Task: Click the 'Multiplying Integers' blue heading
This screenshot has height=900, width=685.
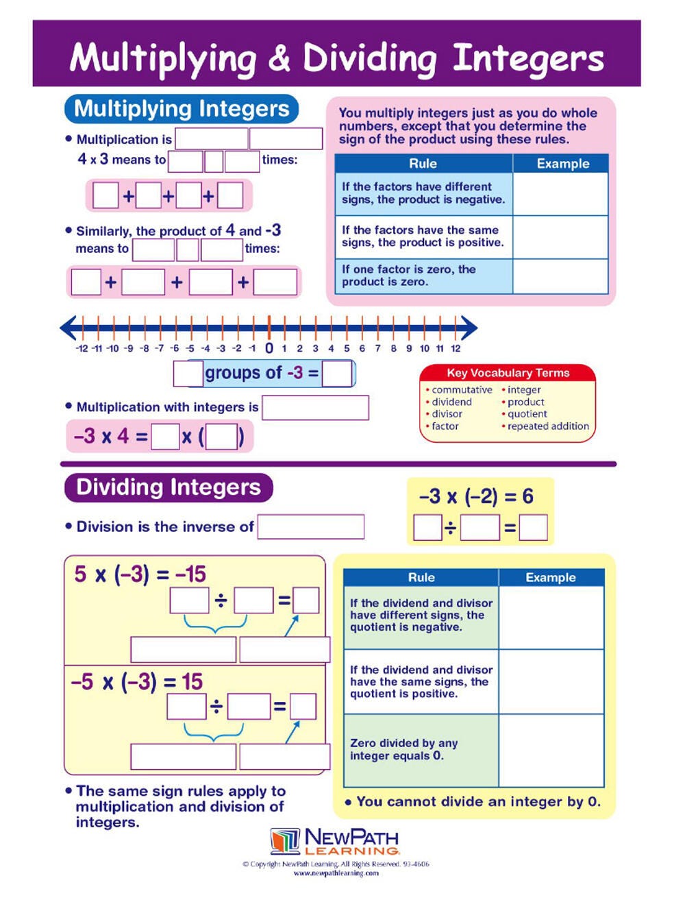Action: (x=182, y=109)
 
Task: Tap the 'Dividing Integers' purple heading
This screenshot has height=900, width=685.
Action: (x=169, y=487)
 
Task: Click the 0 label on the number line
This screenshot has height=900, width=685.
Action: (x=269, y=348)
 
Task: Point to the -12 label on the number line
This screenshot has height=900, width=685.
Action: (x=82, y=348)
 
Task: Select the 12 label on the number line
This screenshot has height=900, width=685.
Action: (x=456, y=348)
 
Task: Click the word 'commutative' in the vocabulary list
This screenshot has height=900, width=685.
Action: (x=462, y=390)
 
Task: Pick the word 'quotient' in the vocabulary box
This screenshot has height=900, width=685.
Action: (x=527, y=414)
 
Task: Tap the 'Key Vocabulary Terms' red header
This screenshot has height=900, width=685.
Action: (x=508, y=373)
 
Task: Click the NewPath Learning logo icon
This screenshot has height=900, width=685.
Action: (x=285, y=840)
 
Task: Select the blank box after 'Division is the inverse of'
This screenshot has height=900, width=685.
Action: (x=311, y=527)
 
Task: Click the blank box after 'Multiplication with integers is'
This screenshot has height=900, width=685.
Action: (x=315, y=408)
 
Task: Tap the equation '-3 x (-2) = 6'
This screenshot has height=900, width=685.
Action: (x=476, y=496)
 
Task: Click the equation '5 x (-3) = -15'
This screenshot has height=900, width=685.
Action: (x=140, y=574)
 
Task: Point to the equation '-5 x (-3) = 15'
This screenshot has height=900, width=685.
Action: (x=137, y=682)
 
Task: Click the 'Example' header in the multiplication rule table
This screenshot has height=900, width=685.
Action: (x=562, y=164)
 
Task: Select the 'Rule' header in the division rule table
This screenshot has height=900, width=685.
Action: (x=421, y=578)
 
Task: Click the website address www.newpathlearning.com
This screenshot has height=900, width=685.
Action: (x=336, y=873)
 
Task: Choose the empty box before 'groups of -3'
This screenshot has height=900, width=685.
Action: (x=188, y=374)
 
